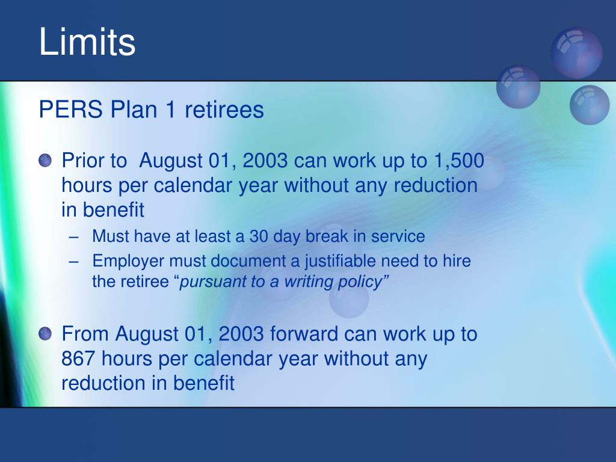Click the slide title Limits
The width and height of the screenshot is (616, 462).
[x=87, y=42]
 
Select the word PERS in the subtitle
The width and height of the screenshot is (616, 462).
[x=71, y=109]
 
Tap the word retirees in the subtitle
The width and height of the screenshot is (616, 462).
[x=224, y=109]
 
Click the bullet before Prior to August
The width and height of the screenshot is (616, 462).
[x=45, y=160]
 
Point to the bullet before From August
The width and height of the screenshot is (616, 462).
[x=45, y=333]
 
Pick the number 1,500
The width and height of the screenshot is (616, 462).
[x=459, y=161]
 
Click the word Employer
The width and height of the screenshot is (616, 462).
[x=128, y=262]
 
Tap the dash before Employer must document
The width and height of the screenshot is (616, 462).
[x=73, y=262]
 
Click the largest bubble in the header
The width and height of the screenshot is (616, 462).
[x=577, y=53]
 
